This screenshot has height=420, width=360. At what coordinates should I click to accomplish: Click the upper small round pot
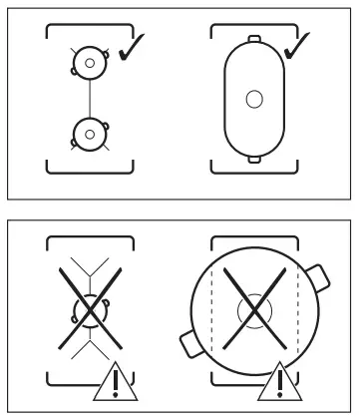click(x=89, y=63)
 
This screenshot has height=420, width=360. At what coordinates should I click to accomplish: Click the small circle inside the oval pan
click(x=253, y=99)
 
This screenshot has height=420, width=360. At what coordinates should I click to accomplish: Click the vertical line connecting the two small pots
click(x=89, y=96)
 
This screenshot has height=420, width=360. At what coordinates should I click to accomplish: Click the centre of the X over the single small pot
click(x=89, y=317)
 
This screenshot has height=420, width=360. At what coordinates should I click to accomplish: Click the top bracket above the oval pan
click(x=253, y=21)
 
